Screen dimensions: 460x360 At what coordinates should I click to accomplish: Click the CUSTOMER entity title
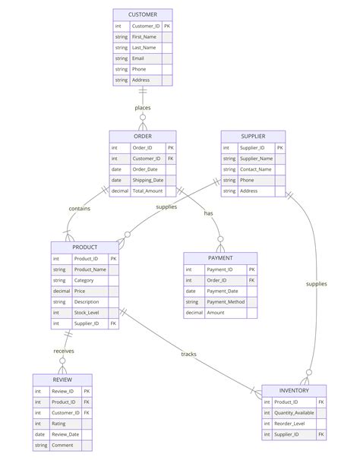143,14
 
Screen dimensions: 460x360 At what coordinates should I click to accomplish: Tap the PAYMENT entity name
220,258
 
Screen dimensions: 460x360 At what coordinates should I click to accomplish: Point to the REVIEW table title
62,380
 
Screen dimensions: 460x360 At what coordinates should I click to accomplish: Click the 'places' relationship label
143,108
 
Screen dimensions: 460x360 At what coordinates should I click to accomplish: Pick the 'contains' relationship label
81,208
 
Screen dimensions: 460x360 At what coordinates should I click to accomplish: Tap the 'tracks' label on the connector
189,354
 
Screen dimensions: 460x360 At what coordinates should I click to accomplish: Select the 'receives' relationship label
64,351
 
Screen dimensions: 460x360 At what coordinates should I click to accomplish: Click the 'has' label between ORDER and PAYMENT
208,213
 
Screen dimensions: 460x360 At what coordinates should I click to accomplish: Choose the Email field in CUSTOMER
138,58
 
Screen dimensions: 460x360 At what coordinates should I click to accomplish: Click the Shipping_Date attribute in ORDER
148,180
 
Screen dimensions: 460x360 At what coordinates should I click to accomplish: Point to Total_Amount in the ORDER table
148,191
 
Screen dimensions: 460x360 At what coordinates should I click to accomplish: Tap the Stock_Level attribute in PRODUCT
87,312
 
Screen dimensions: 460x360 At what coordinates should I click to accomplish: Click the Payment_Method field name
226,301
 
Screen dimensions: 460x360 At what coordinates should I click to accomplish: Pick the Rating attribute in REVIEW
59,424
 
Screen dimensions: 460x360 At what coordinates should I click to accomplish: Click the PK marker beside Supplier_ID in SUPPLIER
279,148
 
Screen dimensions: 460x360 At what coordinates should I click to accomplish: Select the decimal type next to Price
62,291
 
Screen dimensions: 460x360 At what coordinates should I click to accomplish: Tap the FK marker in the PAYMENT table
251,280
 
